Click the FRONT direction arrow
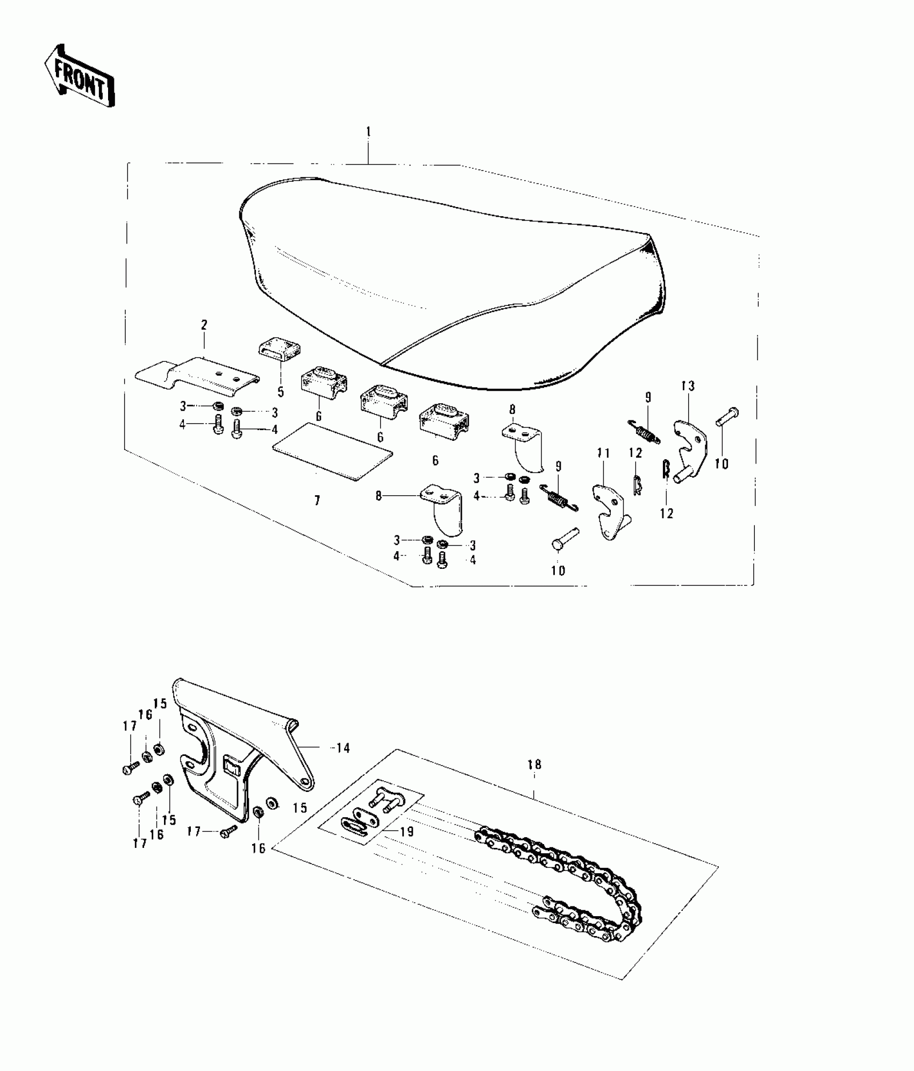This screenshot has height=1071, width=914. pyautogui.click(x=80, y=75)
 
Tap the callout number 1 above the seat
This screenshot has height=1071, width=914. pyautogui.click(x=368, y=132)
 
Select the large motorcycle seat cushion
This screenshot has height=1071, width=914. pyautogui.click(x=452, y=280)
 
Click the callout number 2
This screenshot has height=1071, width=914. pyautogui.click(x=204, y=325)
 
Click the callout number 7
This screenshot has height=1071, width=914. pyautogui.click(x=317, y=501)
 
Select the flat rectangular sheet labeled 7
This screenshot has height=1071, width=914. pyautogui.click(x=333, y=452)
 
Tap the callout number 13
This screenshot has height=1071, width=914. pyautogui.click(x=688, y=386)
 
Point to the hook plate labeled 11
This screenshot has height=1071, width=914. pyautogui.click(x=609, y=511)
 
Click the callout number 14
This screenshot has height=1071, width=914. pyautogui.click(x=342, y=748)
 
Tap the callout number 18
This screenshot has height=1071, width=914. pyautogui.click(x=534, y=765)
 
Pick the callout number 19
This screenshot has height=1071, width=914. pyautogui.click(x=407, y=832)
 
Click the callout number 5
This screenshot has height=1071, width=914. pyautogui.click(x=281, y=392)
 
